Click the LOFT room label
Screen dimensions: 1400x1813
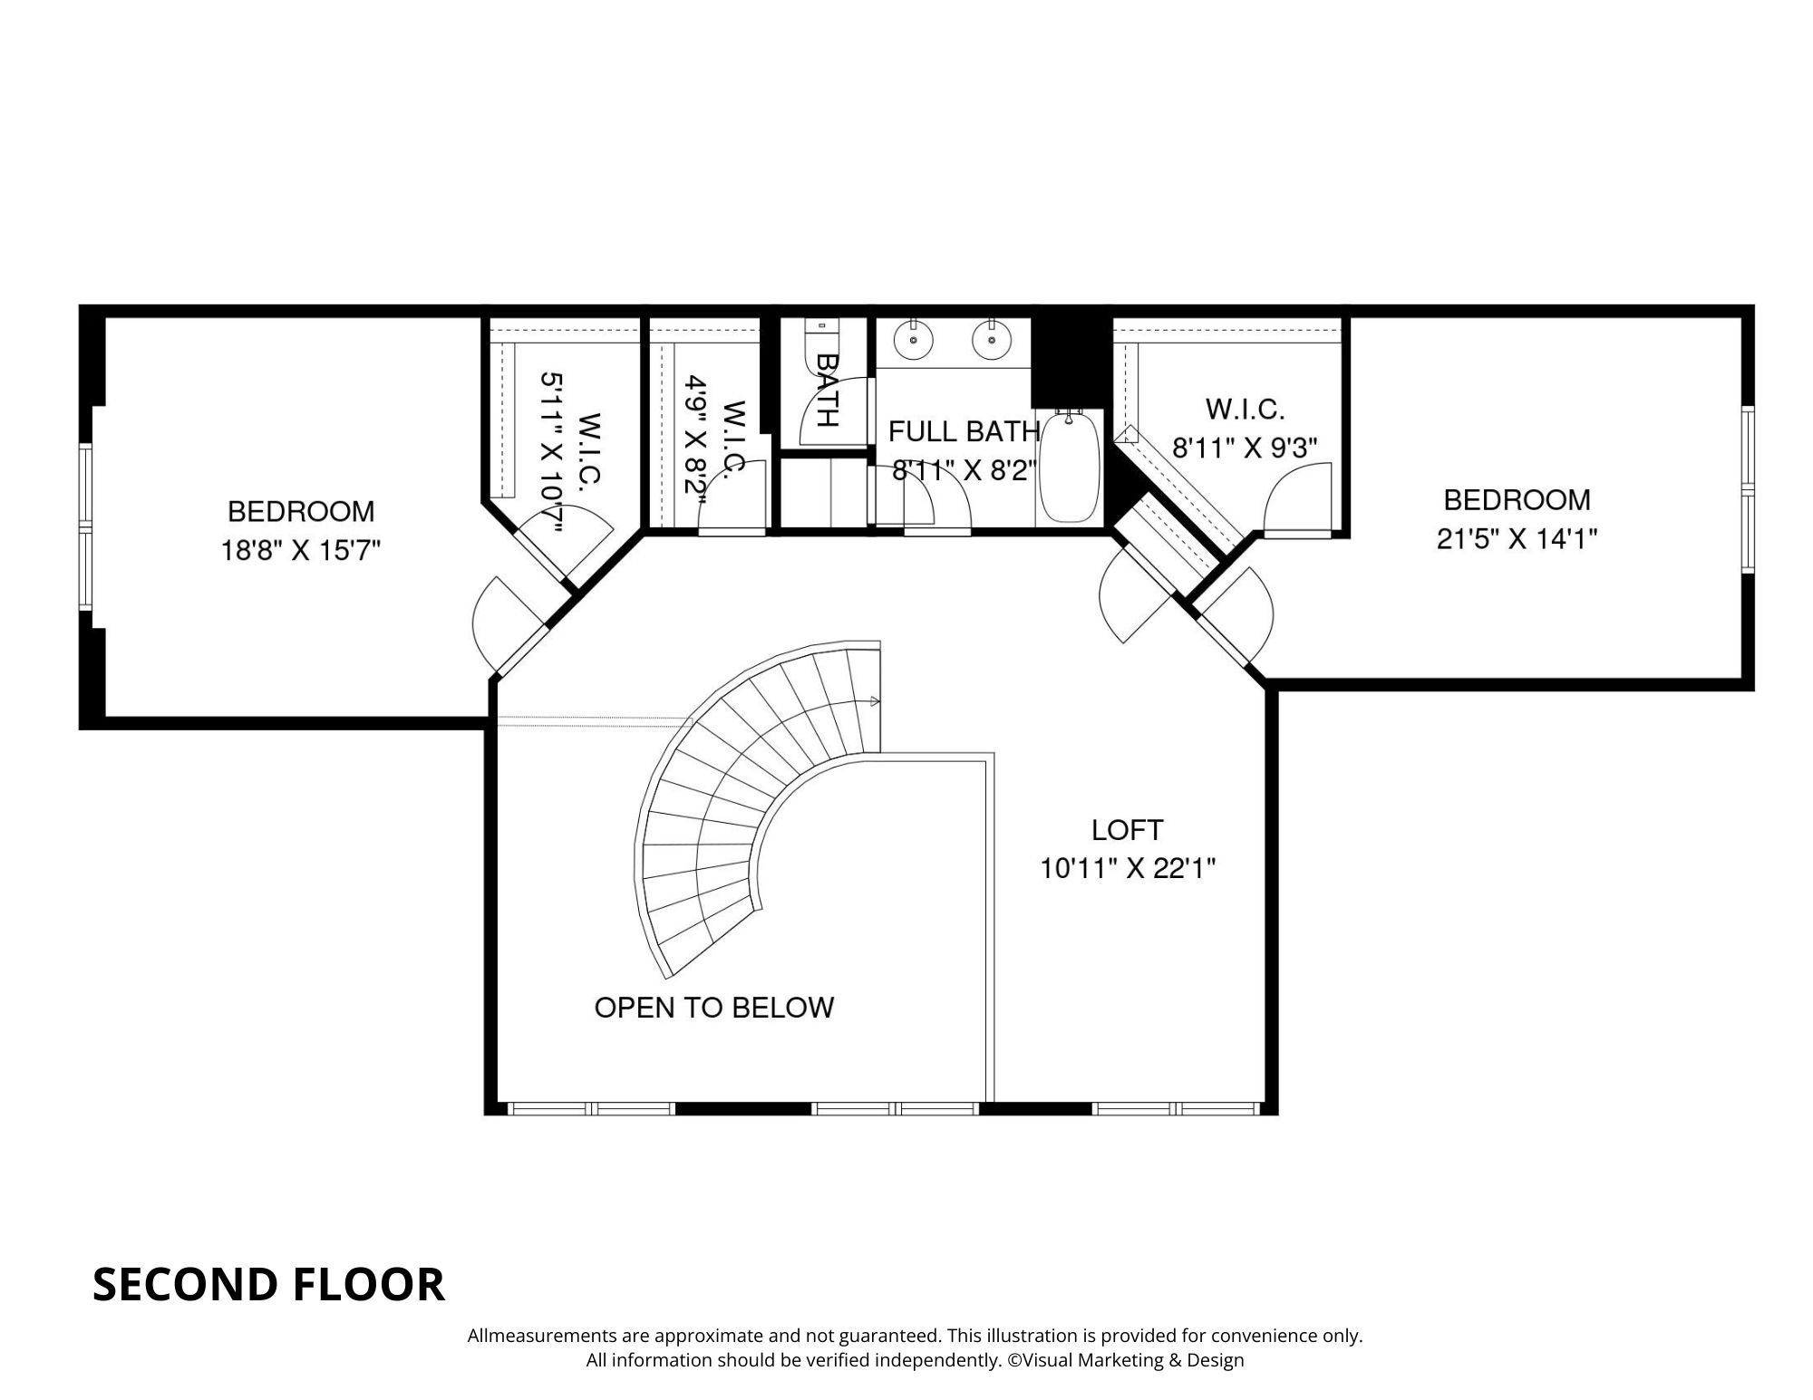(1127, 829)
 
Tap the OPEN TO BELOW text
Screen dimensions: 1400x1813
(713, 1008)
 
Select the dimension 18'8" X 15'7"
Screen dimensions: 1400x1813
(301, 550)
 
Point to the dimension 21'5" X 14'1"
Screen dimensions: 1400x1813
(1517, 539)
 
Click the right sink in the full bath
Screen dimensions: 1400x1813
(990, 341)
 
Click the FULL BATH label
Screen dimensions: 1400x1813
(963, 431)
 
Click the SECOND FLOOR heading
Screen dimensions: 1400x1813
(268, 1284)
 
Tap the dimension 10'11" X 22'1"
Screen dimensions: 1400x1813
(1127, 869)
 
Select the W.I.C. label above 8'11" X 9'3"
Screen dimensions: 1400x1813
(1245, 410)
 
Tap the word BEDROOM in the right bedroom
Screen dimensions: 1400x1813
(1517, 500)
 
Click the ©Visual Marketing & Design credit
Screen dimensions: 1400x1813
(1125, 1360)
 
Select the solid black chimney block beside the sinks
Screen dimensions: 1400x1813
(1070, 358)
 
